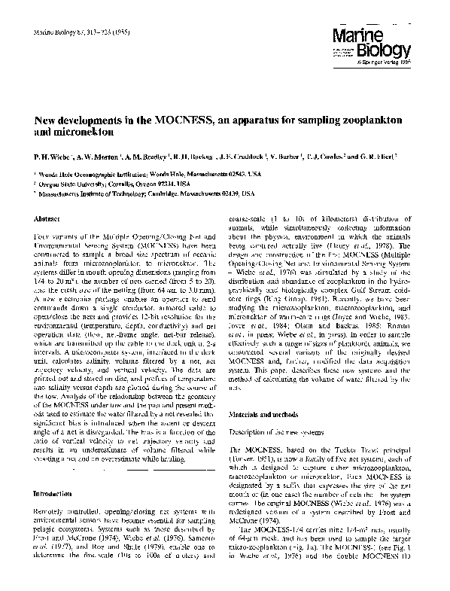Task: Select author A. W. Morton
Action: (98, 159)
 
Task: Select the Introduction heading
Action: (53, 494)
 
